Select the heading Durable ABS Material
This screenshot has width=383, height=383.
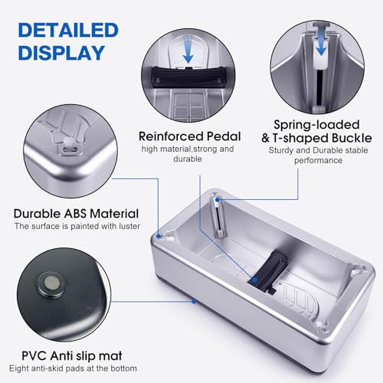pos(77,213)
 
